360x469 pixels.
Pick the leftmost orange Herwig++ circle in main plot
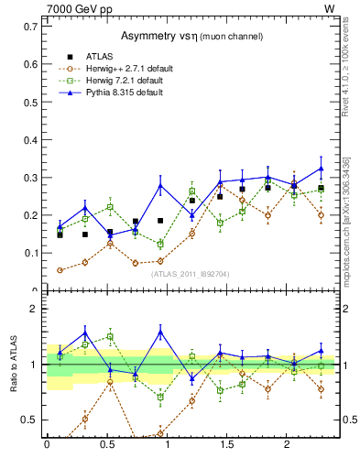click(x=60, y=270)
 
